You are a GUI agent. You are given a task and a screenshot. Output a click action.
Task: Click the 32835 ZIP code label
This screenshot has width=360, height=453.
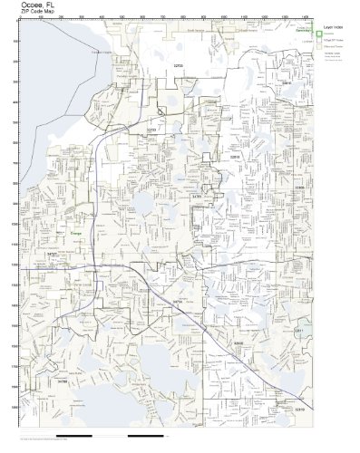(x=238, y=344)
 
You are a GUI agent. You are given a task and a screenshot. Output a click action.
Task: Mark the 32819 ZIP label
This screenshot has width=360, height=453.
(x=299, y=410)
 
